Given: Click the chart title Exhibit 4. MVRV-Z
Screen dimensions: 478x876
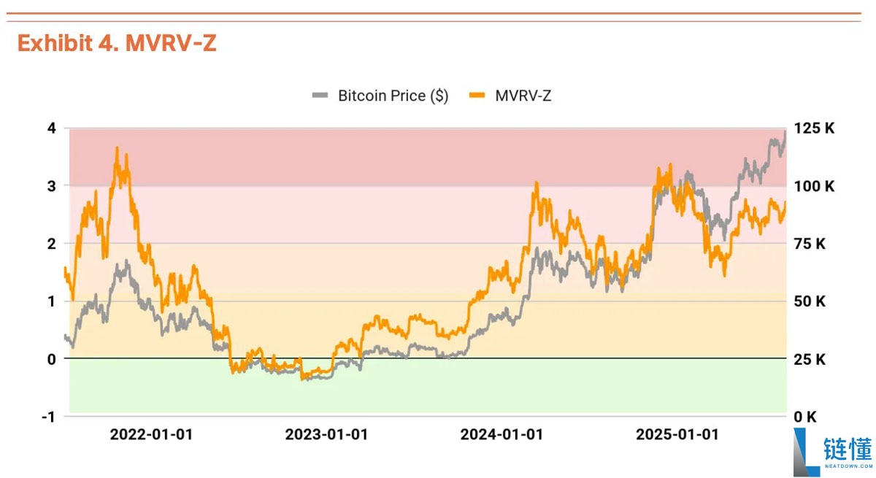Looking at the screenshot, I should click(x=117, y=44).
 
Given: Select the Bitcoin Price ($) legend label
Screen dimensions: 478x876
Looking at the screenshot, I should click(x=393, y=96).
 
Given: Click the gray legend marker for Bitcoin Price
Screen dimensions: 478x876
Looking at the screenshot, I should click(x=320, y=96).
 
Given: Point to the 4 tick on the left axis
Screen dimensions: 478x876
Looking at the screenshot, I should click(x=51, y=128).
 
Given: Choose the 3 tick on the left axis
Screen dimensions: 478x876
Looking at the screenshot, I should click(x=51, y=186).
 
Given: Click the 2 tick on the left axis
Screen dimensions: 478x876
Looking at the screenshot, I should click(x=51, y=244).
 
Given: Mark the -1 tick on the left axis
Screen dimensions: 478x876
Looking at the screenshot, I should click(x=48, y=417).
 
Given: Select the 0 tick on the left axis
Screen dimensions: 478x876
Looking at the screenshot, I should click(x=51, y=359).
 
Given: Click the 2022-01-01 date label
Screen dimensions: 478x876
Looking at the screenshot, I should click(x=151, y=435).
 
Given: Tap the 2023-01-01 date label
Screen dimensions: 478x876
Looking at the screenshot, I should click(x=326, y=435).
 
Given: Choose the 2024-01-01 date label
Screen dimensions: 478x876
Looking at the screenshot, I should click(x=502, y=435).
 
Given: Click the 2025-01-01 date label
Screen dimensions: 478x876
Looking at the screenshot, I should click(x=677, y=435).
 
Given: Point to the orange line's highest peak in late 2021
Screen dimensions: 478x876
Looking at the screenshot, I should click(x=117, y=148).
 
